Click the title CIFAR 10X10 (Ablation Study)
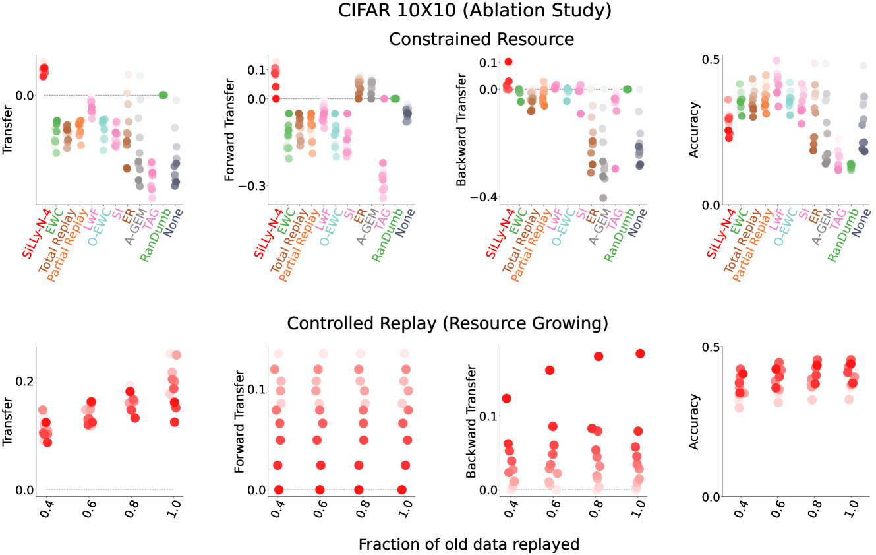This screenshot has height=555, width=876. click(x=475, y=11)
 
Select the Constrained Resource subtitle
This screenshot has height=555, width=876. click(x=481, y=39)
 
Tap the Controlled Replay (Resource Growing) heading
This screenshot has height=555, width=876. click(x=448, y=323)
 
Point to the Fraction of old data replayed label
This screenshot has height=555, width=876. click(x=469, y=544)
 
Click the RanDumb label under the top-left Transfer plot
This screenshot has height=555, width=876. click(x=156, y=235)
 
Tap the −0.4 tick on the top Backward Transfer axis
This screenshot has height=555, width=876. click(x=484, y=197)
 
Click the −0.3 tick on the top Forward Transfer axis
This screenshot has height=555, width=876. click(x=252, y=185)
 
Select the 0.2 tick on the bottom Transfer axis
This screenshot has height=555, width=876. click(x=24, y=381)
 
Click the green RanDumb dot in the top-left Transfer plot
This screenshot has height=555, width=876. click(x=163, y=95)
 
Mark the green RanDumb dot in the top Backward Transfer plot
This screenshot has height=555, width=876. click(x=628, y=89)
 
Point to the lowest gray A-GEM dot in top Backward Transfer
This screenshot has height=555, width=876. click(x=603, y=198)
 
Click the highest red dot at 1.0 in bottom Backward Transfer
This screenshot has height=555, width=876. click(x=640, y=354)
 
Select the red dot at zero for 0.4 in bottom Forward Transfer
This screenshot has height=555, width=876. click(x=278, y=490)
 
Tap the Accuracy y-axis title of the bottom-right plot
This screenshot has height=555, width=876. click(x=694, y=422)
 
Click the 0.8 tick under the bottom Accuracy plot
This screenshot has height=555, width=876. click(x=815, y=509)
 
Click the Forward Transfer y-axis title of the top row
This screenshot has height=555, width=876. click(x=229, y=129)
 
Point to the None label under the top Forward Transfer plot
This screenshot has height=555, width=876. click(x=405, y=223)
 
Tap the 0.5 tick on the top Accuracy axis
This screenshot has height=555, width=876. click(x=711, y=60)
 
